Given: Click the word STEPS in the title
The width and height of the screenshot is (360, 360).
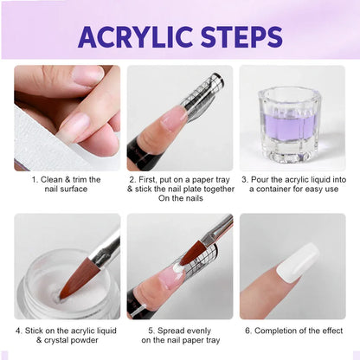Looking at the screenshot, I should click(x=239, y=36).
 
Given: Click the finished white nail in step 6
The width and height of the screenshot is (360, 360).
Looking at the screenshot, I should click(x=298, y=261).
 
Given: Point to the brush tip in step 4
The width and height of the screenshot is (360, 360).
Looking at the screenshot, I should click(x=74, y=282).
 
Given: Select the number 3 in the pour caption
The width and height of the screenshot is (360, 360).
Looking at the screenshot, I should click(x=244, y=179).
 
